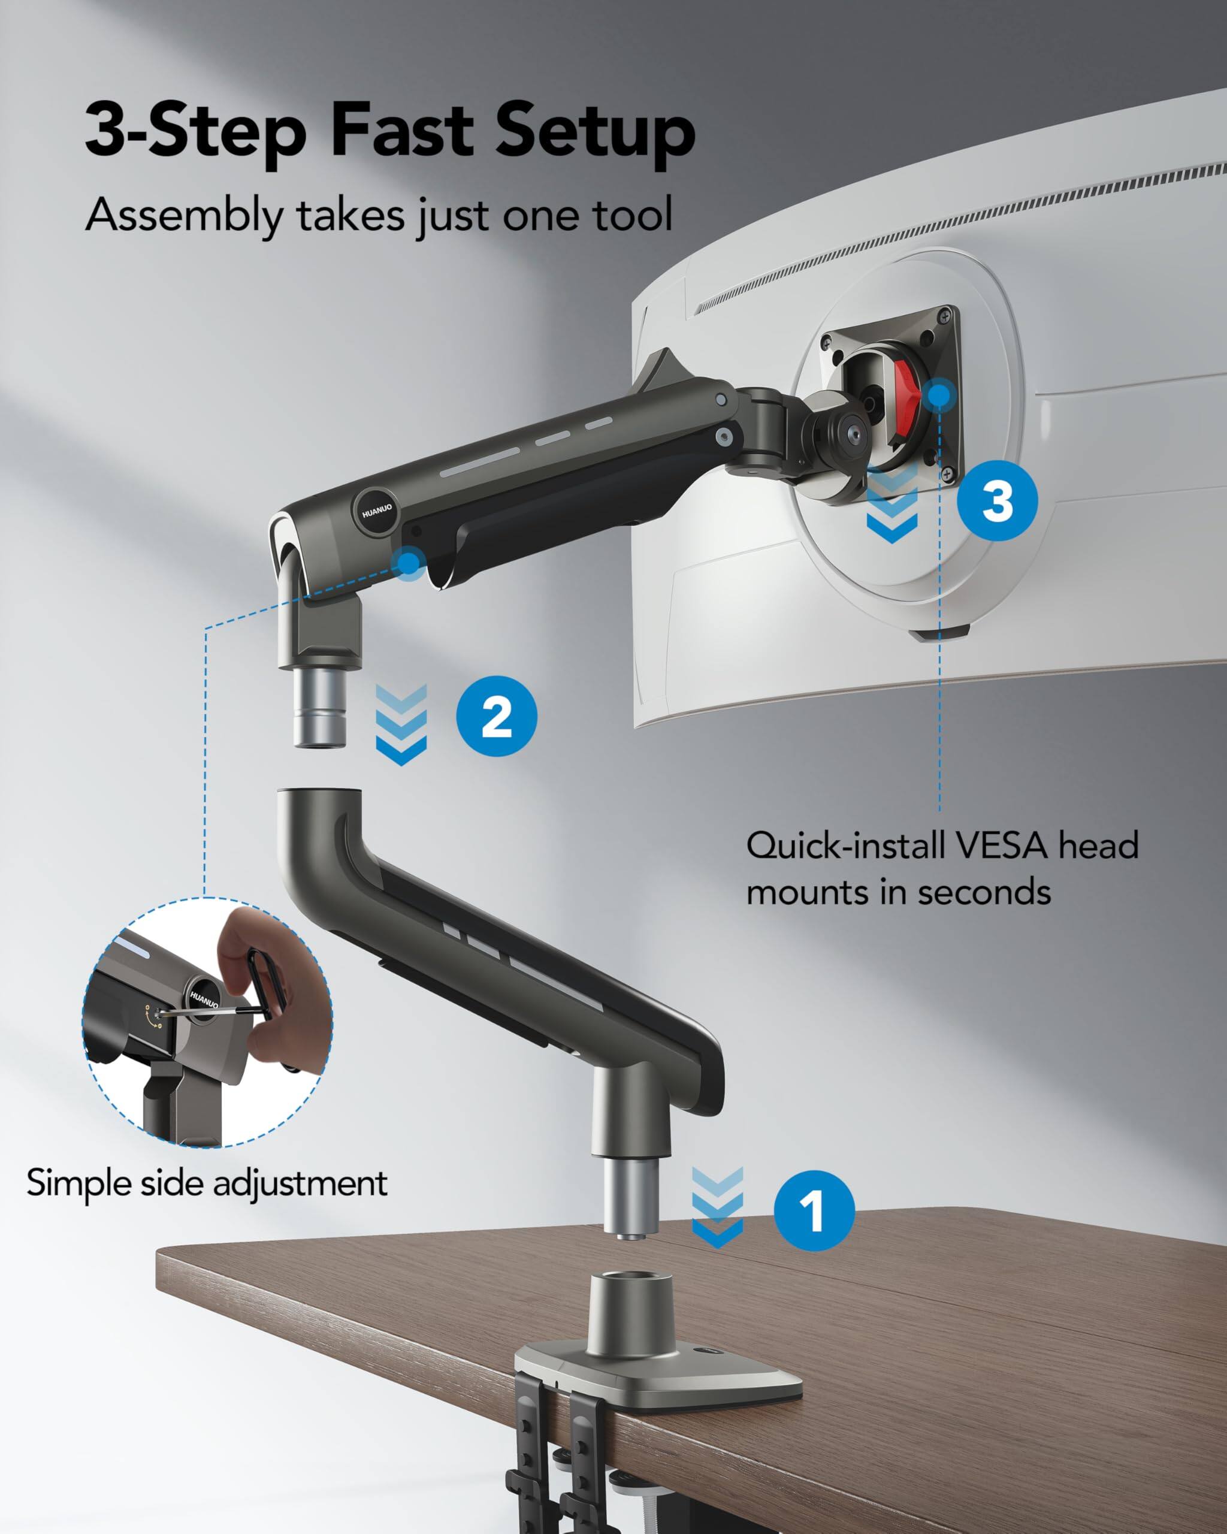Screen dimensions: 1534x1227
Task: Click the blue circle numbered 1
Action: pos(814,1210)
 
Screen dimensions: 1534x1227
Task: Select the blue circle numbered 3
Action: pos(998,500)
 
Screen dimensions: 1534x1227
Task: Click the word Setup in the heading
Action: pos(595,132)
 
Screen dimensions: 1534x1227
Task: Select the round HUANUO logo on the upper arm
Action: pos(376,511)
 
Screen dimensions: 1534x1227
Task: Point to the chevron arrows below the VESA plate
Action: pos(893,508)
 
